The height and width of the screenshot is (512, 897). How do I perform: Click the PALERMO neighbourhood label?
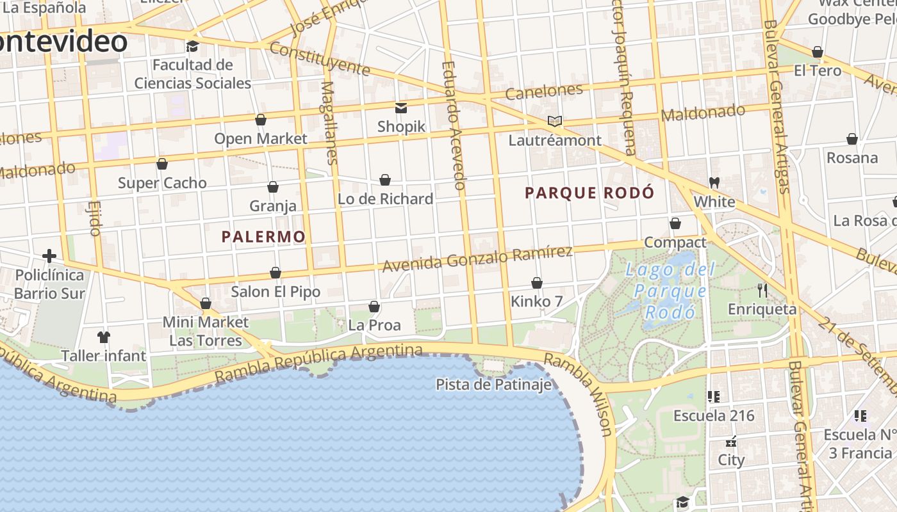click(x=263, y=237)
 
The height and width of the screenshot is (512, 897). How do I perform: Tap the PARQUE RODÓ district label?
click(x=589, y=193)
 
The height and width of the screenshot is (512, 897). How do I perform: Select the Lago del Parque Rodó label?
click(x=670, y=291)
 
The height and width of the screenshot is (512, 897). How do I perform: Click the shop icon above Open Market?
click(x=261, y=120)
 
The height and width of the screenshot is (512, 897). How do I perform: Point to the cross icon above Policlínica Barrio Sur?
click(x=49, y=256)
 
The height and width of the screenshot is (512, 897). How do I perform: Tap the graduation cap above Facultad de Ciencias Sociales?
click(x=192, y=46)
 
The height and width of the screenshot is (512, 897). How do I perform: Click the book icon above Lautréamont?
click(x=555, y=121)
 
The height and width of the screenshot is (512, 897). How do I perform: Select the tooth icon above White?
click(x=714, y=182)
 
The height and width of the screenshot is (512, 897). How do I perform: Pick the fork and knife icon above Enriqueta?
click(x=762, y=291)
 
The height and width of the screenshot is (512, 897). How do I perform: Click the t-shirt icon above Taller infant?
click(x=104, y=337)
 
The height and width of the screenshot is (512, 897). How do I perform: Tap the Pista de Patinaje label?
click(x=493, y=385)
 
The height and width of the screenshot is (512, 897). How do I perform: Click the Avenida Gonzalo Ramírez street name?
click(x=477, y=258)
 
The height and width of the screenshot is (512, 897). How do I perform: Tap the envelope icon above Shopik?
click(x=401, y=108)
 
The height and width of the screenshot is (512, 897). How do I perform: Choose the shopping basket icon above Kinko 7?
click(x=537, y=283)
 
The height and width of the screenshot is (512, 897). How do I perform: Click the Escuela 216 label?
click(x=714, y=416)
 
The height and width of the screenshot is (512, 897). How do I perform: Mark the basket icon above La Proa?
click(x=374, y=307)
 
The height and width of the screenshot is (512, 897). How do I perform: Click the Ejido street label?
click(x=95, y=218)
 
